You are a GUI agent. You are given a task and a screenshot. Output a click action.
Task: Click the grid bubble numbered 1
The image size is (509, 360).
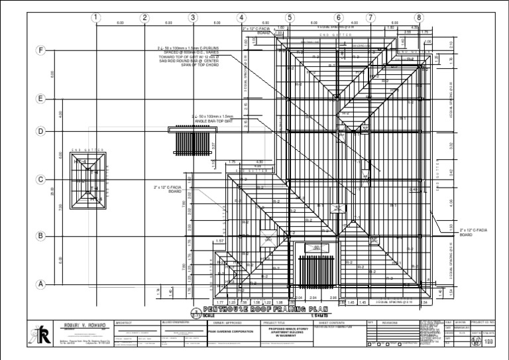click(97, 18)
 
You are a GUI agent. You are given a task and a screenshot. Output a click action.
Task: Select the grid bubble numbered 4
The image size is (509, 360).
click(241, 18)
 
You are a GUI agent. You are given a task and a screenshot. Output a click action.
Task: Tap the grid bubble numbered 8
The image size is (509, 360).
click(419, 18)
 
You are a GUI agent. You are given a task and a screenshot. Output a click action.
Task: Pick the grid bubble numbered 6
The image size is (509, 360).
click(339, 18)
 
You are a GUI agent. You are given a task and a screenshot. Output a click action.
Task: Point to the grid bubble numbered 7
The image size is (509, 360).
click(370, 18)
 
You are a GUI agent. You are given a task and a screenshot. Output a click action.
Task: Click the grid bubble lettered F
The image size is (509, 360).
click(41, 51)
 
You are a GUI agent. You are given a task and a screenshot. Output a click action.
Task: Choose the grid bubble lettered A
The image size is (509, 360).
click(41, 284)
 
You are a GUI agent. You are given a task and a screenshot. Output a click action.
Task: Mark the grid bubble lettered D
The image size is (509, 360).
click(41, 131)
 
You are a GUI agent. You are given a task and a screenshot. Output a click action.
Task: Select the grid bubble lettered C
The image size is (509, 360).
click(41, 180)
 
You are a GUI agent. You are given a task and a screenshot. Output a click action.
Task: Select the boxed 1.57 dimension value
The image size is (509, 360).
click(220, 242)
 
